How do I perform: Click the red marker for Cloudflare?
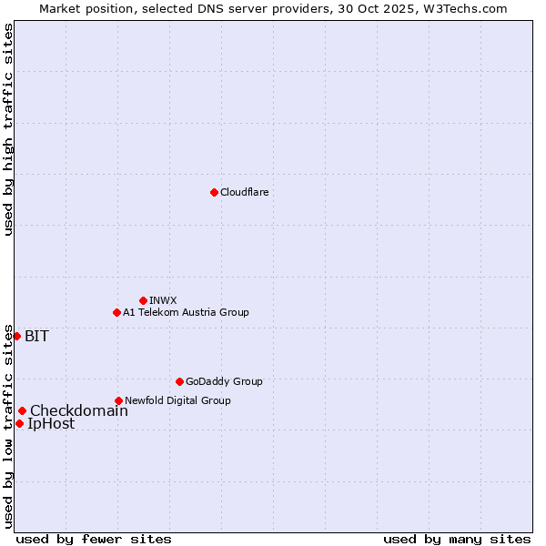click(214, 192)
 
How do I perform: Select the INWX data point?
click(143, 300)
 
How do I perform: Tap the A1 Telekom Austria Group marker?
click(116, 312)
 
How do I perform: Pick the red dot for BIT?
click(16, 336)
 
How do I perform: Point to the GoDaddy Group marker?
click(179, 381)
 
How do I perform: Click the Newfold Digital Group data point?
click(118, 400)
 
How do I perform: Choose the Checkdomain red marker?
click(22, 410)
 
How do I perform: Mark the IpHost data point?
click(19, 423)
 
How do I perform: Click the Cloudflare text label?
click(245, 192)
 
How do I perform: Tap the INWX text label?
click(164, 300)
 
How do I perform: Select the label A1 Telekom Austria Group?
click(186, 312)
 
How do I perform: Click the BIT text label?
click(36, 336)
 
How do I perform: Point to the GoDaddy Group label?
click(224, 381)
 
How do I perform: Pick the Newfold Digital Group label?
click(177, 400)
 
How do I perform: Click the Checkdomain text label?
click(79, 410)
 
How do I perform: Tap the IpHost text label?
click(51, 423)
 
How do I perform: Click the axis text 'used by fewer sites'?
click(94, 539)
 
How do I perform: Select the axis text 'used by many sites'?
click(457, 539)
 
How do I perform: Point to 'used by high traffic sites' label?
click(8, 129)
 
